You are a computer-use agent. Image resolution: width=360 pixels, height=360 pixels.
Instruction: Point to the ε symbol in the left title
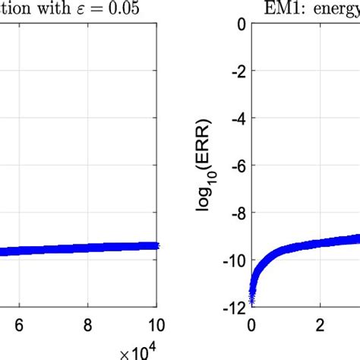coord(93,10)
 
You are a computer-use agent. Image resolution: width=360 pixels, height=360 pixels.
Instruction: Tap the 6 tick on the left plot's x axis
coord(19,321)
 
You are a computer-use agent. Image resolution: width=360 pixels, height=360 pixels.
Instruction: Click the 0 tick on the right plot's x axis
coord(251,321)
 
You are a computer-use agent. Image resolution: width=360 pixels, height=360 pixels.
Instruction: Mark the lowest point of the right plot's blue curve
coord(252,302)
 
